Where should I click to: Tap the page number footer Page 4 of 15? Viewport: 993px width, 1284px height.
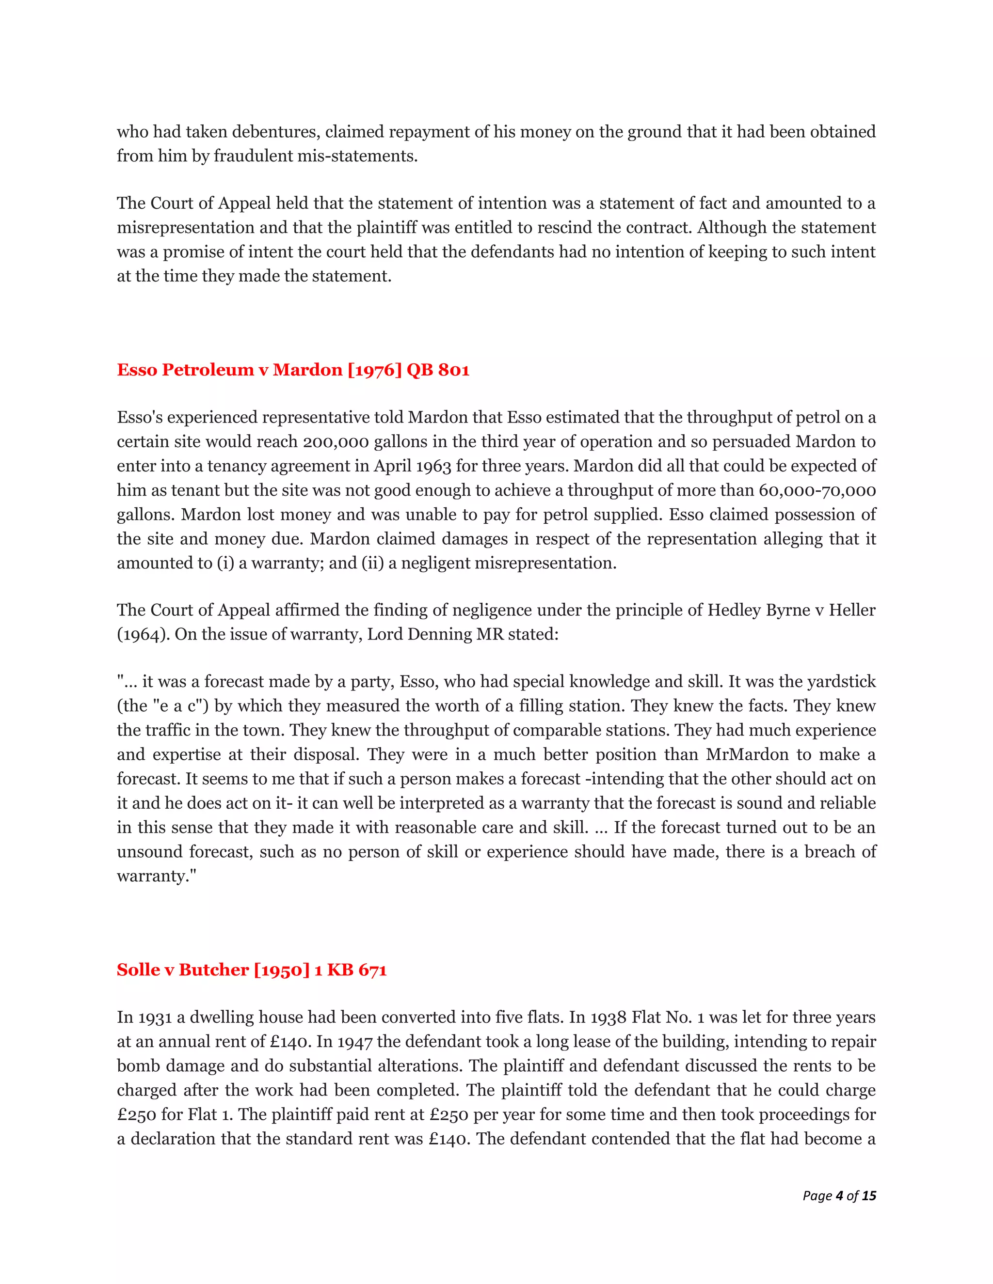839,1195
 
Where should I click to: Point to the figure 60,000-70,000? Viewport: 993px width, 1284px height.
817,490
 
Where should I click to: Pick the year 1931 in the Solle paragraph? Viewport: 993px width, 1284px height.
154,1018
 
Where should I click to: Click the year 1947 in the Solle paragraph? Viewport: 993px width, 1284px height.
355,1042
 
